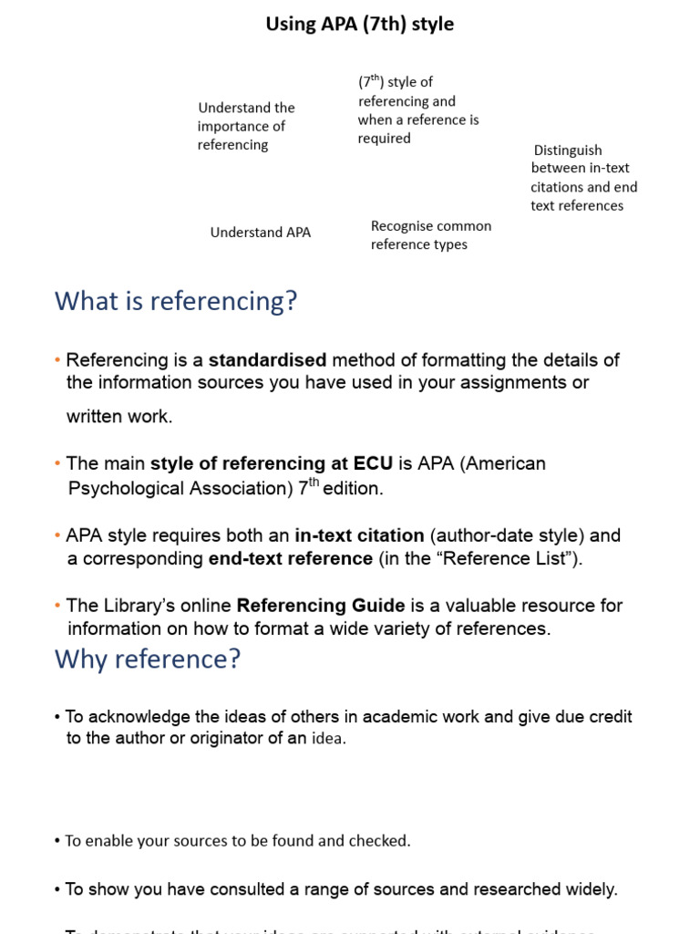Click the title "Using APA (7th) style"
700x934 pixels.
point(359,25)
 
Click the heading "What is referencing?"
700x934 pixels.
point(176,300)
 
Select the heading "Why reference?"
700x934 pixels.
point(148,659)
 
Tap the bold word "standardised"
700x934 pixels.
point(267,360)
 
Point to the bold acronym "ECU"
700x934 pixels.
point(374,463)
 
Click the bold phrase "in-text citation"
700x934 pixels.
point(359,535)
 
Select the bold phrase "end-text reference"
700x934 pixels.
point(290,558)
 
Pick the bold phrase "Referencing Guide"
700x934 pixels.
point(321,606)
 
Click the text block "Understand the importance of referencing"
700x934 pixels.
point(246,126)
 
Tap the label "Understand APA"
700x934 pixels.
point(261,233)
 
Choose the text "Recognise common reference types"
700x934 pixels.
point(430,235)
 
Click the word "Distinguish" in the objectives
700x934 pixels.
point(568,150)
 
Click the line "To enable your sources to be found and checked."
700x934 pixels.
point(237,841)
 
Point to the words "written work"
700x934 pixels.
point(118,417)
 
